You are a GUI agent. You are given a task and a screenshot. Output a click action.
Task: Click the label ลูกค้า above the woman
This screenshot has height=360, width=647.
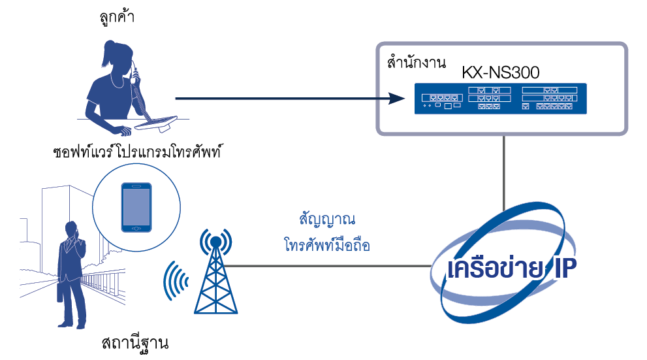coord(115,18)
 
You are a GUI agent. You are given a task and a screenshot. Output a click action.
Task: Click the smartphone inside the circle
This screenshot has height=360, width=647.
coord(136,206)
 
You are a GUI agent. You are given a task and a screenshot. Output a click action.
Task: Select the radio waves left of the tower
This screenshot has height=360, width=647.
coord(175,281)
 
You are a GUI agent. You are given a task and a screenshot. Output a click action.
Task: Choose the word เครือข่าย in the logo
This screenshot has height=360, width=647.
coord(494,269)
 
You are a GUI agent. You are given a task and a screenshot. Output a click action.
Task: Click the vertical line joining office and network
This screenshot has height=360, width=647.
coord(503,172)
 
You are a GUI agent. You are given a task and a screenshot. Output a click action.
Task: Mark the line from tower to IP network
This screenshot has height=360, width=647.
coord(326,266)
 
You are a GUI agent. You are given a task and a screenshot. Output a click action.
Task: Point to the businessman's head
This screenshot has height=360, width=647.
coord(71,230)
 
